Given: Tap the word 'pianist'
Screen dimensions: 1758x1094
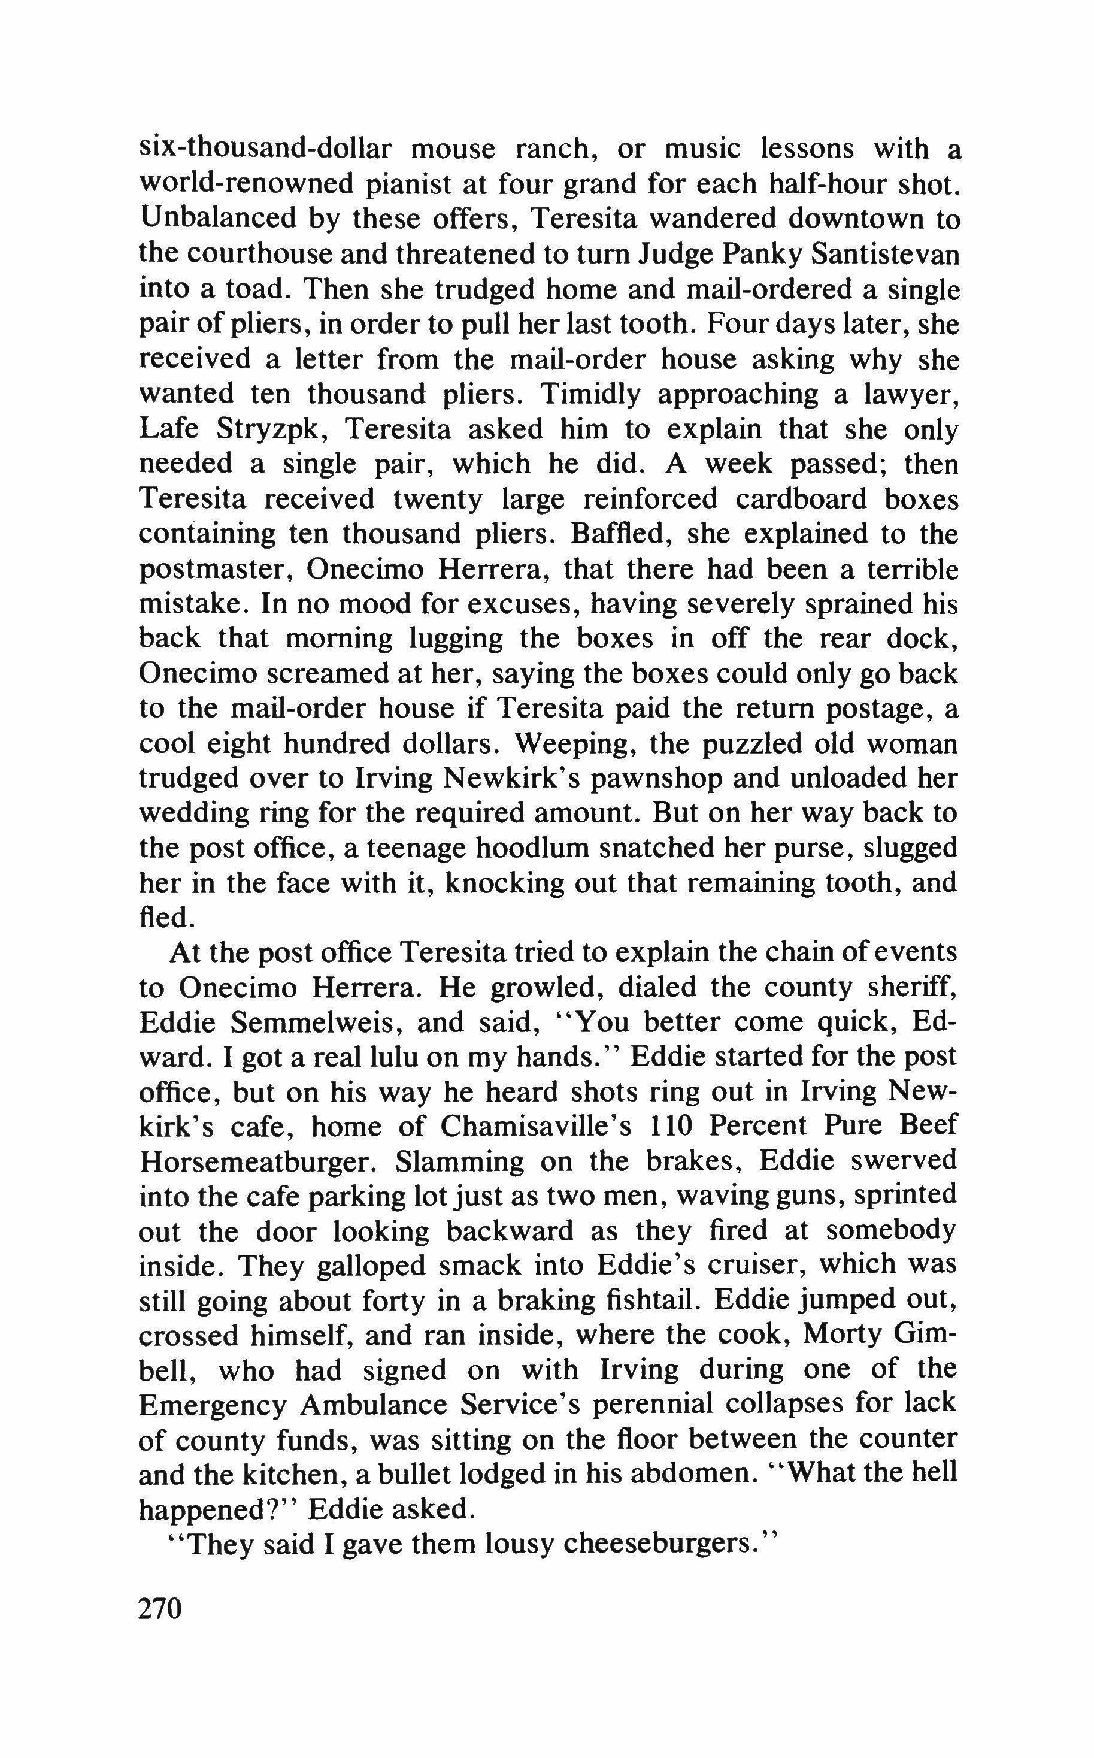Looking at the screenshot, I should coord(409,184).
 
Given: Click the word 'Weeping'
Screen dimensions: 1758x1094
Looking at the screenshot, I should coord(574,744).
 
